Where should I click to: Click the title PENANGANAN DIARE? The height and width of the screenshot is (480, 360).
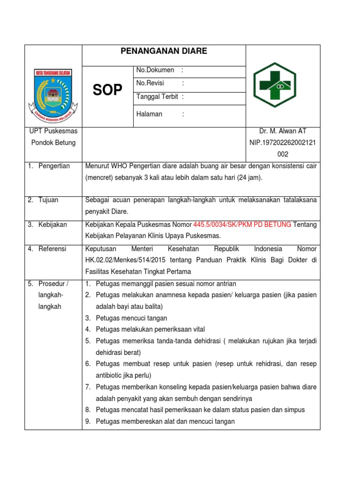[x=164, y=51]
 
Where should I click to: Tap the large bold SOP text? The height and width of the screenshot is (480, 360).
[x=107, y=90]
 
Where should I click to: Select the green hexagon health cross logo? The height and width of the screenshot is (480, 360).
[x=275, y=85]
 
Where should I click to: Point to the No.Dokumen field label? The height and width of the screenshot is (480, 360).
[x=155, y=70]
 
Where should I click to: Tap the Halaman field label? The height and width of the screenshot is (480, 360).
[x=149, y=114]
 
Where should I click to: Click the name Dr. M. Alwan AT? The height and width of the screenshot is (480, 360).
[x=283, y=131]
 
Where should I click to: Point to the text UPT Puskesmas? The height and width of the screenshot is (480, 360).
[x=53, y=131]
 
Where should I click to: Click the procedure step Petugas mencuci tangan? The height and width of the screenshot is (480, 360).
[x=131, y=318]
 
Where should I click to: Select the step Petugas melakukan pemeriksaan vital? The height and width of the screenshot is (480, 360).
[x=150, y=330]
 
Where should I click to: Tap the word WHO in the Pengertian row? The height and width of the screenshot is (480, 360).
[x=120, y=166]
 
